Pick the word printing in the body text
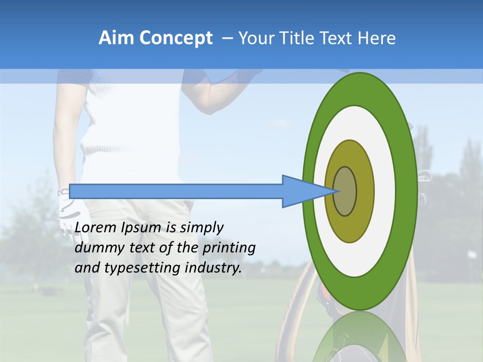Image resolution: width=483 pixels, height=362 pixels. pyautogui.click(x=229, y=248)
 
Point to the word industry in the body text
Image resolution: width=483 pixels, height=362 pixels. pyautogui.click(x=213, y=268)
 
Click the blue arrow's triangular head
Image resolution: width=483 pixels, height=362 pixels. pyautogui.click(x=302, y=191)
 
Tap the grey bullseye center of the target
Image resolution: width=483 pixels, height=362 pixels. pyautogui.click(x=345, y=191)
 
